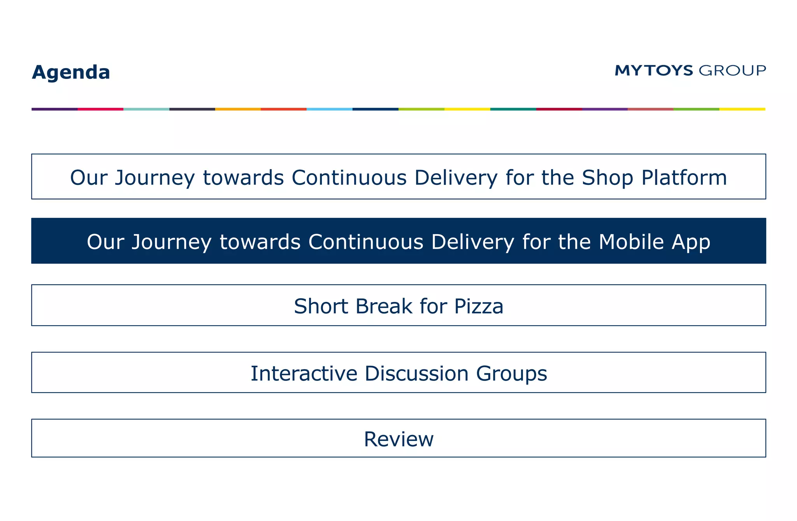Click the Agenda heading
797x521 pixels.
pyautogui.click(x=71, y=72)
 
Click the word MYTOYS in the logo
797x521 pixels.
pyautogui.click(x=654, y=70)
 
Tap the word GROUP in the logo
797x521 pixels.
pyautogui.click(x=732, y=70)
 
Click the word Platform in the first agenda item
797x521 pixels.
pyautogui.click(x=684, y=178)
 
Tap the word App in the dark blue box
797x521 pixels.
pyautogui.click(x=691, y=242)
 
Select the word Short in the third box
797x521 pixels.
pyautogui.click(x=321, y=306)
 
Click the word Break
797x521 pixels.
pyautogui.click(x=383, y=306)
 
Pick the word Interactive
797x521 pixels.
pyautogui.click(x=304, y=374)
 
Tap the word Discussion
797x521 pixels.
pyautogui.click(x=416, y=374)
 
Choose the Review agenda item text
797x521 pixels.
pyautogui.click(x=398, y=439)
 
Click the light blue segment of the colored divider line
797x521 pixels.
pyautogui.click(x=329, y=109)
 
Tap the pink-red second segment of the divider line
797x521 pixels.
pyautogui.click(x=100, y=109)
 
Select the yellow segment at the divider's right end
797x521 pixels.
pyautogui.click(x=742, y=109)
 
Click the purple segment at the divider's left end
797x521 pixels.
pyautogui.click(x=54, y=109)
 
